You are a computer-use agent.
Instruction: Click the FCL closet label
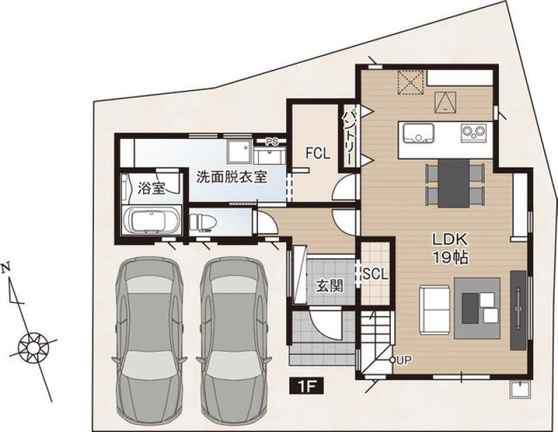pos(318,153)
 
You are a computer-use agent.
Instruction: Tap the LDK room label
pos(449,239)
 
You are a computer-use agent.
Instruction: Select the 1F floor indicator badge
pos(307,386)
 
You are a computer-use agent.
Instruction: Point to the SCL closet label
pos(375,274)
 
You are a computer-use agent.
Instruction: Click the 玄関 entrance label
pos(330,285)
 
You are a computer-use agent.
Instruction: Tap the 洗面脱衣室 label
pos(232,177)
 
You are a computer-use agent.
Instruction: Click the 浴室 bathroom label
pos(152,188)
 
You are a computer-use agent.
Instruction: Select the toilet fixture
pos(203,222)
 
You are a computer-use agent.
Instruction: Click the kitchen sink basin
pos(418,133)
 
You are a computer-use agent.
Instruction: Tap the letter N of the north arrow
pos(6,267)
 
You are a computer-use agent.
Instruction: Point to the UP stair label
pos(404,360)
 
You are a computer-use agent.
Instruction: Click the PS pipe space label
pos(272,142)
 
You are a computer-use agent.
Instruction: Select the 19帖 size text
pos(450,257)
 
